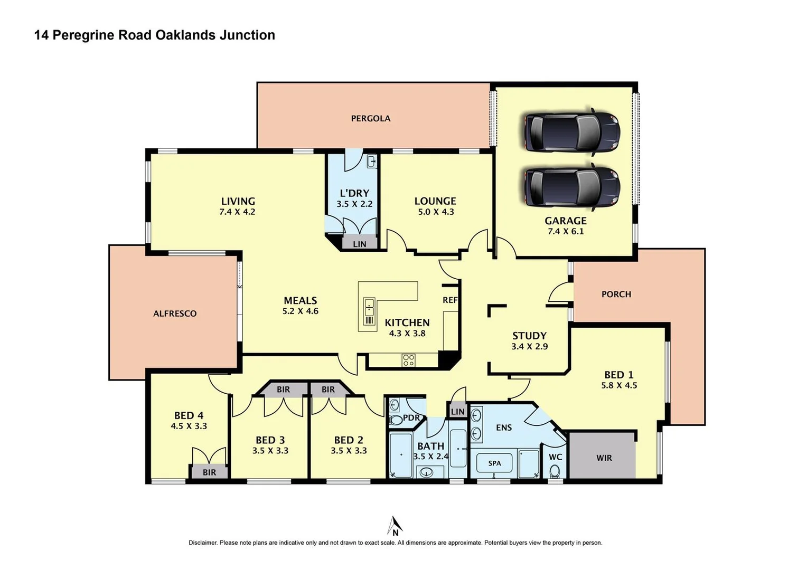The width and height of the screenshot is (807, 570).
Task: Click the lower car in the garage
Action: pos(571,187)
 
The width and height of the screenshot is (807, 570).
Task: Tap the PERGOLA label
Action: pos(371,119)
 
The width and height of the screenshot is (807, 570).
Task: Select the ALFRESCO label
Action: pos(175,313)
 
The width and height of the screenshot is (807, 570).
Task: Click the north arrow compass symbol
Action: pos(395,526)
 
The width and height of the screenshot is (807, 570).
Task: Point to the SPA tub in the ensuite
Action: pos(494,463)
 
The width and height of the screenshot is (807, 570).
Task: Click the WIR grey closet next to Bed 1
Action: pos(603,457)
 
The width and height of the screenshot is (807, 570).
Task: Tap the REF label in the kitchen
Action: pos(450,300)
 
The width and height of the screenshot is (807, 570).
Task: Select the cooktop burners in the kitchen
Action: pos(408,360)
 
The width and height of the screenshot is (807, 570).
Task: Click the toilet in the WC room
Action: pos(555,471)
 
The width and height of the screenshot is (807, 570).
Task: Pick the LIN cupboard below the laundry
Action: pos(360,243)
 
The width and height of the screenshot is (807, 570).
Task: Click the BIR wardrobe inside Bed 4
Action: pos(209,472)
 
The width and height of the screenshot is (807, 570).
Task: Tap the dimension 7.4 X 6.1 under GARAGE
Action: pos(565,231)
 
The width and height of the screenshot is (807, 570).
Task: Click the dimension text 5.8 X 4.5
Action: pos(619,385)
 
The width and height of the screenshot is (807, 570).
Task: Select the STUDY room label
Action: pos(529,336)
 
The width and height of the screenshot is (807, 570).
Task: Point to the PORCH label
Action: pos(616,294)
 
